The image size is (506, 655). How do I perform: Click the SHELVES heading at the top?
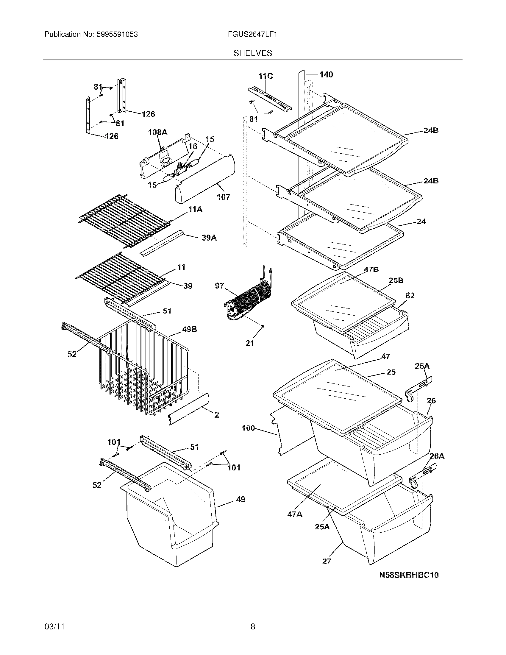[x=253, y=53]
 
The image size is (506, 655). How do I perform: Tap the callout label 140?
[x=326, y=75]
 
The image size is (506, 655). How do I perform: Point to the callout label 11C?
[x=266, y=76]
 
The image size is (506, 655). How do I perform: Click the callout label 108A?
[x=158, y=132]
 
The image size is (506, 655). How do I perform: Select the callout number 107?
[x=224, y=197]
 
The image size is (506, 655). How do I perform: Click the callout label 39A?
[x=209, y=238]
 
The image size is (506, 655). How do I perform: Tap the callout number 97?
[x=219, y=286]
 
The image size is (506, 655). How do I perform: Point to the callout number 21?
[x=250, y=343]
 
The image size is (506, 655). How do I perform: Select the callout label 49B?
[x=189, y=329]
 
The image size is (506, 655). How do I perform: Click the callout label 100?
[x=248, y=428]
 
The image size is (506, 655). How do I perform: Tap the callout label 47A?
[x=295, y=514]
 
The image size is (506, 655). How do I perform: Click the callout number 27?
[x=327, y=561]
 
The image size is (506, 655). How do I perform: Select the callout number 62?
[x=410, y=296]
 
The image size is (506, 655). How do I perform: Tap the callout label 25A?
[x=322, y=527]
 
